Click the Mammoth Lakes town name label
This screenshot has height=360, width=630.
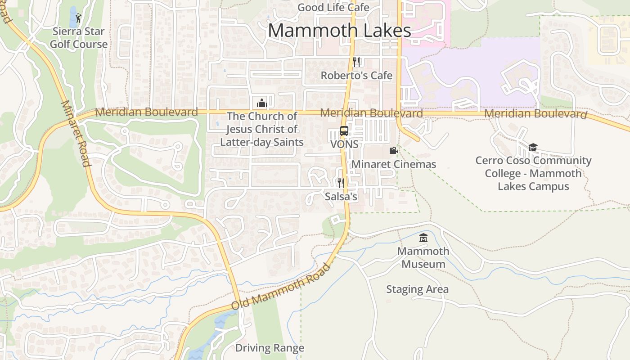(x=339, y=31)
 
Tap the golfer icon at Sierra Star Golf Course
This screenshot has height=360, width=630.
(x=79, y=18)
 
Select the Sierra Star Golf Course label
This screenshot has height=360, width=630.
(x=79, y=38)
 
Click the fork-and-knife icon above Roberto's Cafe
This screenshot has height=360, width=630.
(x=356, y=62)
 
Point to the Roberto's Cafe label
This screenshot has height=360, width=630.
(x=356, y=76)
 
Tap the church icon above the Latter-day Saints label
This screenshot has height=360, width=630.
(x=261, y=103)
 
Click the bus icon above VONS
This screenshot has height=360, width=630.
(x=344, y=131)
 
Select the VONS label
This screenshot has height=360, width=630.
(x=344, y=144)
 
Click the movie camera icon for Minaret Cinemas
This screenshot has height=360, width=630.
(x=393, y=151)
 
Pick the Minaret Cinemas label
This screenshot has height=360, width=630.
(x=393, y=164)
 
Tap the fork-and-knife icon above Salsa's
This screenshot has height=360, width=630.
(x=341, y=183)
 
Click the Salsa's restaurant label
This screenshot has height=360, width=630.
(x=341, y=197)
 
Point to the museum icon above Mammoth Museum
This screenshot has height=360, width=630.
(x=423, y=238)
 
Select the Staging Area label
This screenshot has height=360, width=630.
(x=417, y=289)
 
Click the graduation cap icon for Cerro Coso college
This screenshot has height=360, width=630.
(x=533, y=147)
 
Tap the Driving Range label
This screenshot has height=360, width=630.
(x=270, y=348)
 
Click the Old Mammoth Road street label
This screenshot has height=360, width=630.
(x=281, y=287)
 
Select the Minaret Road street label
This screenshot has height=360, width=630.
(x=76, y=134)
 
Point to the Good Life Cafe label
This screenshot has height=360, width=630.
(x=333, y=8)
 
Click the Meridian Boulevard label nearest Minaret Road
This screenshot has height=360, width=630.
(x=146, y=112)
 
